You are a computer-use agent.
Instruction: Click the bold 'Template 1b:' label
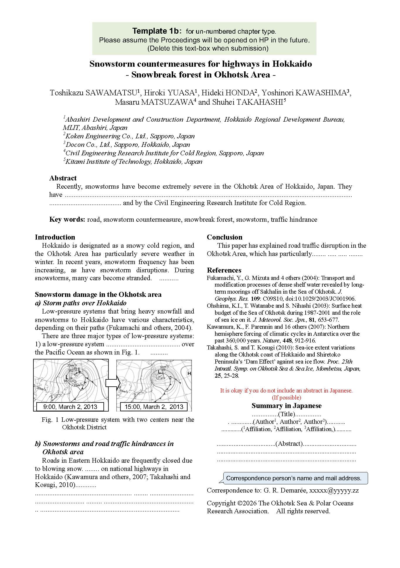[158, 31]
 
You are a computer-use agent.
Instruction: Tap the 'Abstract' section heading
[63, 178]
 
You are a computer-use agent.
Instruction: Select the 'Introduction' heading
[55, 237]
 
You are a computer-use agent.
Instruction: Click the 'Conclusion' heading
[224, 237]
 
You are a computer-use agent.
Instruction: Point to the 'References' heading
[224, 270]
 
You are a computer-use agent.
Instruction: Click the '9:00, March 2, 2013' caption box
[70, 407]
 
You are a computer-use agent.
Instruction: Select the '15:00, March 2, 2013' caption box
[154, 407]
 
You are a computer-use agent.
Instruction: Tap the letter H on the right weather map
[189, 373]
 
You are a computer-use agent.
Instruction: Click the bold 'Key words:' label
[67, 219]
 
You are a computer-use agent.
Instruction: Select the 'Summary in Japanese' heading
[286, 406]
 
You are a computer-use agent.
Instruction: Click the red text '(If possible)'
[286, 397]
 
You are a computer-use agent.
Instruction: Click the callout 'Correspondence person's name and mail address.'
[294, 478]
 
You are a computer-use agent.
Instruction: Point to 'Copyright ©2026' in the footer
[232, 503]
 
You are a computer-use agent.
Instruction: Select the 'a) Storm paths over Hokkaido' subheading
[81, 303]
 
